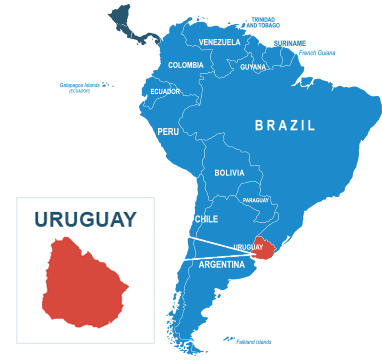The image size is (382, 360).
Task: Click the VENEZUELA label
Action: click(219, 42)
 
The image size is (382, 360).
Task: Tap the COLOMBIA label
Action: click(186, 65)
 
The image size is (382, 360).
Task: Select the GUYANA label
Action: click(253, 67)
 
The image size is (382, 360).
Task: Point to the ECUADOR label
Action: click(165, 91)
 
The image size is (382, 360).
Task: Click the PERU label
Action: click(168, 131)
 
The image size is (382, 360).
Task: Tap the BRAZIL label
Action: click(285, 126)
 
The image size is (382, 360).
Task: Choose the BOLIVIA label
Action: click(229, 173)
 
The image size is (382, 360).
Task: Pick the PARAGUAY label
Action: click(255, 200)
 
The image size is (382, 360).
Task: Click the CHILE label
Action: click(206, 218)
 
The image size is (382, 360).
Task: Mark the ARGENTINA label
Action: click(222, 265)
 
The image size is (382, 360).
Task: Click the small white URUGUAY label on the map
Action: click(247, 246)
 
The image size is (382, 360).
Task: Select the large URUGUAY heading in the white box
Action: click(85, 219)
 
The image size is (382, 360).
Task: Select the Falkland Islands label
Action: click(253, 341)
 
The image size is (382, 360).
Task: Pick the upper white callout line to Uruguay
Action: click(205, 237)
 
